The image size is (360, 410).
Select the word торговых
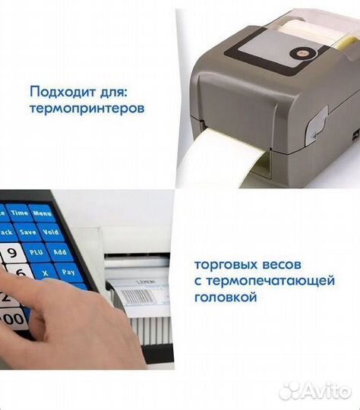(221, 266)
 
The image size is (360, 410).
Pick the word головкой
(226, 298)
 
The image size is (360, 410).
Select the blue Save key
(29, 231)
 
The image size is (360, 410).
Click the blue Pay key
(68, 270)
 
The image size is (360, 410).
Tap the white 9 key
(11, 253)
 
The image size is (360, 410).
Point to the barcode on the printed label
(135, 296)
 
